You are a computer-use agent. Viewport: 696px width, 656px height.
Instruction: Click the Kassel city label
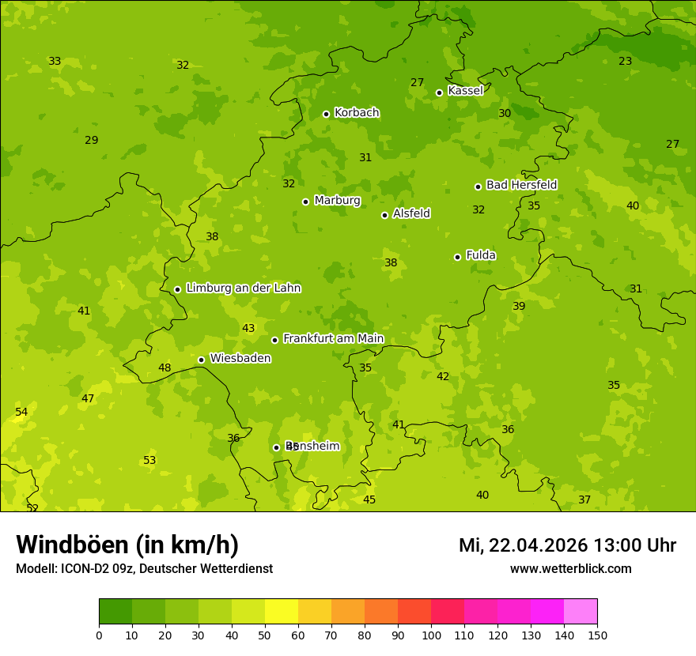coord(465,91)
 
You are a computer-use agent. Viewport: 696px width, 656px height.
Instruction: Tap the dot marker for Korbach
coord(326,114)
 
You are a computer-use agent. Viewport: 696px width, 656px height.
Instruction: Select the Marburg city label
coord(337,201)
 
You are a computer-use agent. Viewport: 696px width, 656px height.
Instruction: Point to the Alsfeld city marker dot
coord(384,215)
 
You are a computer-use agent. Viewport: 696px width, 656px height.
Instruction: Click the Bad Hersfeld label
coord(521,185)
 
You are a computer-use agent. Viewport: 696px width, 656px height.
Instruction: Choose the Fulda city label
coord(481,255)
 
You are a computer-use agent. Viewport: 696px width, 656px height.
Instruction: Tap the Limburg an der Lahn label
coord(243,288)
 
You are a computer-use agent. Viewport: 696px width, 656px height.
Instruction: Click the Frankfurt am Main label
coord(333,339)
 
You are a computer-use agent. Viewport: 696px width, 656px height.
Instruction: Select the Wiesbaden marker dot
coord(201,360)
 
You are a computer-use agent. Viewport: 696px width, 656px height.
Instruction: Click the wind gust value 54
coord(21,413)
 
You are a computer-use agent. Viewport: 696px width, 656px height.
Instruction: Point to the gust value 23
coord(626,62)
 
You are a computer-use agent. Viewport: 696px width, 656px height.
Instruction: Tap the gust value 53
coord(149,461)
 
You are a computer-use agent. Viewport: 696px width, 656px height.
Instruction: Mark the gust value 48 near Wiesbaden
coord(165,368)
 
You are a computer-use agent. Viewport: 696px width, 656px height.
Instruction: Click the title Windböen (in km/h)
coord(127,545)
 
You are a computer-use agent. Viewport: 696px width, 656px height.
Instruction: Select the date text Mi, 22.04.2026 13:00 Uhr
coord(567,545)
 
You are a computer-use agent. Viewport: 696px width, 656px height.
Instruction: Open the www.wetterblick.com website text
coord(570,569)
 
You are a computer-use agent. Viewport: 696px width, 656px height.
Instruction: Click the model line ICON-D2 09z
coord(144,569)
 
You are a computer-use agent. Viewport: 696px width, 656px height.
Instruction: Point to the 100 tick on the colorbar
coord(431,635)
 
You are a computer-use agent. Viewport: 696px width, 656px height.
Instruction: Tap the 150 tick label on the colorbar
coord(597,635)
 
